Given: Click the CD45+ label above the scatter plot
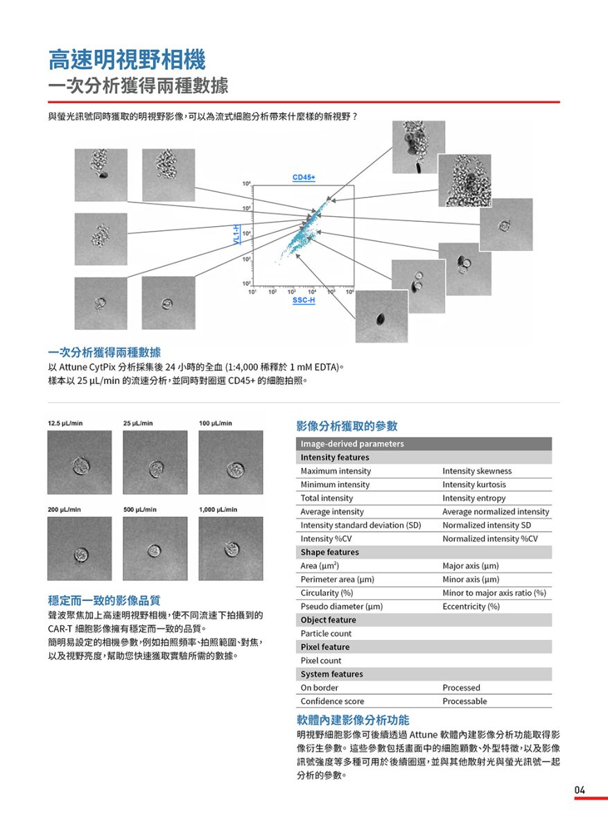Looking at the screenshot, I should (x=304, y=178).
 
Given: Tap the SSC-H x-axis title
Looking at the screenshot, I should (x=303, y=301).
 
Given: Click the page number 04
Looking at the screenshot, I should (x=580, y=790).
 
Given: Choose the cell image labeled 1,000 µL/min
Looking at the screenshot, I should (x=230, y=548).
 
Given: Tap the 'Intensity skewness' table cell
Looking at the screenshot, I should (x=477, y=471).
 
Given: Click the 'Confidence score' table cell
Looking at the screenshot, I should (x=332, y=701).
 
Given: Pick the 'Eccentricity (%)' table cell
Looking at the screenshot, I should (x=471, y=607).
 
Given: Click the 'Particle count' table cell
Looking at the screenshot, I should (x=326, y=634).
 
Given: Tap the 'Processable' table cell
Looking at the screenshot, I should (x=464, y=701).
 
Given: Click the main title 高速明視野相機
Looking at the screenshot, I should (x=127, y=60).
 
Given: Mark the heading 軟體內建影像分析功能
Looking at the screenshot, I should (x=353, y=720).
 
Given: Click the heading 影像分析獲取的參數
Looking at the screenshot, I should (x=347, y=426).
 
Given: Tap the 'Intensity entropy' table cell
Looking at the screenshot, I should (x=474, y=499).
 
